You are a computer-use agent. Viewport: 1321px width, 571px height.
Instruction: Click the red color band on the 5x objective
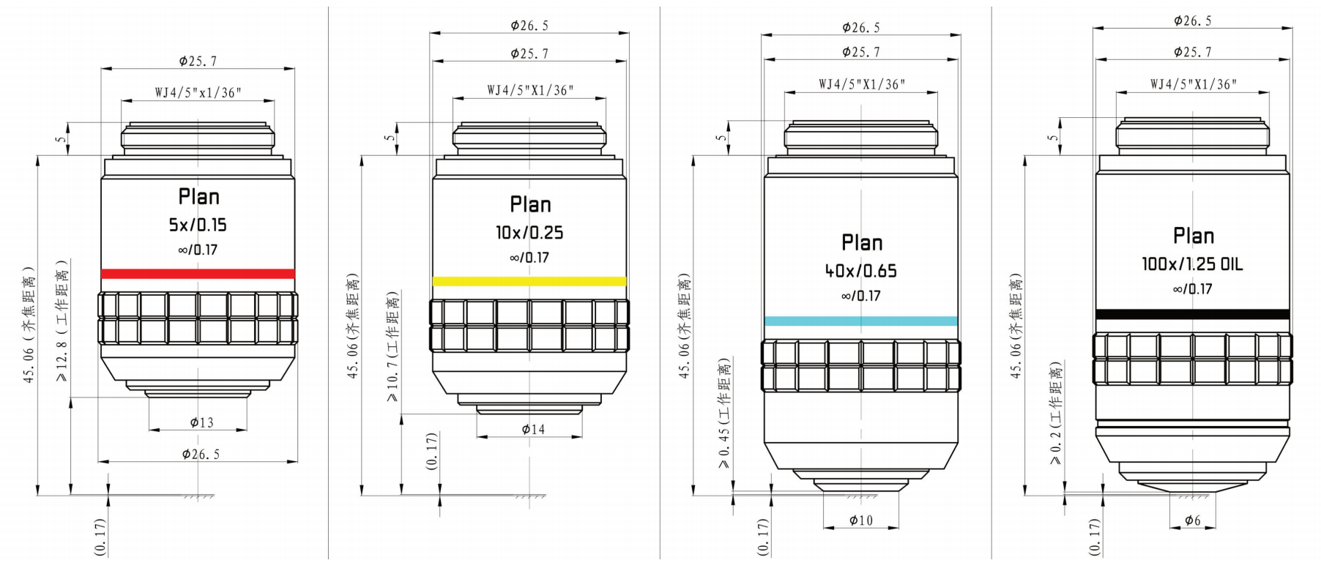pyautogui.click(x=198, y=274)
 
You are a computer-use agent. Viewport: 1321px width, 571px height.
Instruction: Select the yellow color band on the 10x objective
pyautogui.click(x=529, y=281)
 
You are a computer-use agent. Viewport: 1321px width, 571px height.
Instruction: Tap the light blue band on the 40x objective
pyautogui.click(x=860, y=321)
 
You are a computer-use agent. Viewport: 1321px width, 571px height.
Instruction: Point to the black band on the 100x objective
pyautogui.click(x=1192, y=314)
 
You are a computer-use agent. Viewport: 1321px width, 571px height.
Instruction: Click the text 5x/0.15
pyautogui.click(x=198, y=225)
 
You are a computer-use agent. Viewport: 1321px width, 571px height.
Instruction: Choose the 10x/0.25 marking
pyautogui.click(x=529, y=233)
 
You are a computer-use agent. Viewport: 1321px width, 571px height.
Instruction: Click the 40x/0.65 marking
pyautogui.click(x=860, y=271)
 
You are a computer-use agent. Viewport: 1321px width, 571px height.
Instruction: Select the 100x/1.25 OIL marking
pyautogui.click(x=1192, y=264)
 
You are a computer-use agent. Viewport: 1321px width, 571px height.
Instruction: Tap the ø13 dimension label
pyautogui.click(x=201, y=422)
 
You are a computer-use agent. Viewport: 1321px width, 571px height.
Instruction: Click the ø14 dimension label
pyautogui.click(x=533, y=430)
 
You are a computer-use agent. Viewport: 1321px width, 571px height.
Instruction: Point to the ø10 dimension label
pyautogui.click(x=861, y=520)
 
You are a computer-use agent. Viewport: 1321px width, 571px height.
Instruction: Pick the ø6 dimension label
pyautogui.click(x=1192, y=520)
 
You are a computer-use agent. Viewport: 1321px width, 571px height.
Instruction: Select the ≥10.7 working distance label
pyautogui.click(x=393, y=346)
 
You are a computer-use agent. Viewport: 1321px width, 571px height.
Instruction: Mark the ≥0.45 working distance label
pyautogui.click(x=724, y=414)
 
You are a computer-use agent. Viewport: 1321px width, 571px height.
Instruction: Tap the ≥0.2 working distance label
pyautogui.click(x=1055, y=414)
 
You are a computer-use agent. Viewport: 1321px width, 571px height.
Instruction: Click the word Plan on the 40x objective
pyautogui.click(x=862, y=243)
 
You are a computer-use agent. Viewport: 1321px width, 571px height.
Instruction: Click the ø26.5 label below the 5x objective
pyautogui.click(x=201, y=455)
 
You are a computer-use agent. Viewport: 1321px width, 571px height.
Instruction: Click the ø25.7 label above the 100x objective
pyautogui.click(x=1192, y=52)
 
